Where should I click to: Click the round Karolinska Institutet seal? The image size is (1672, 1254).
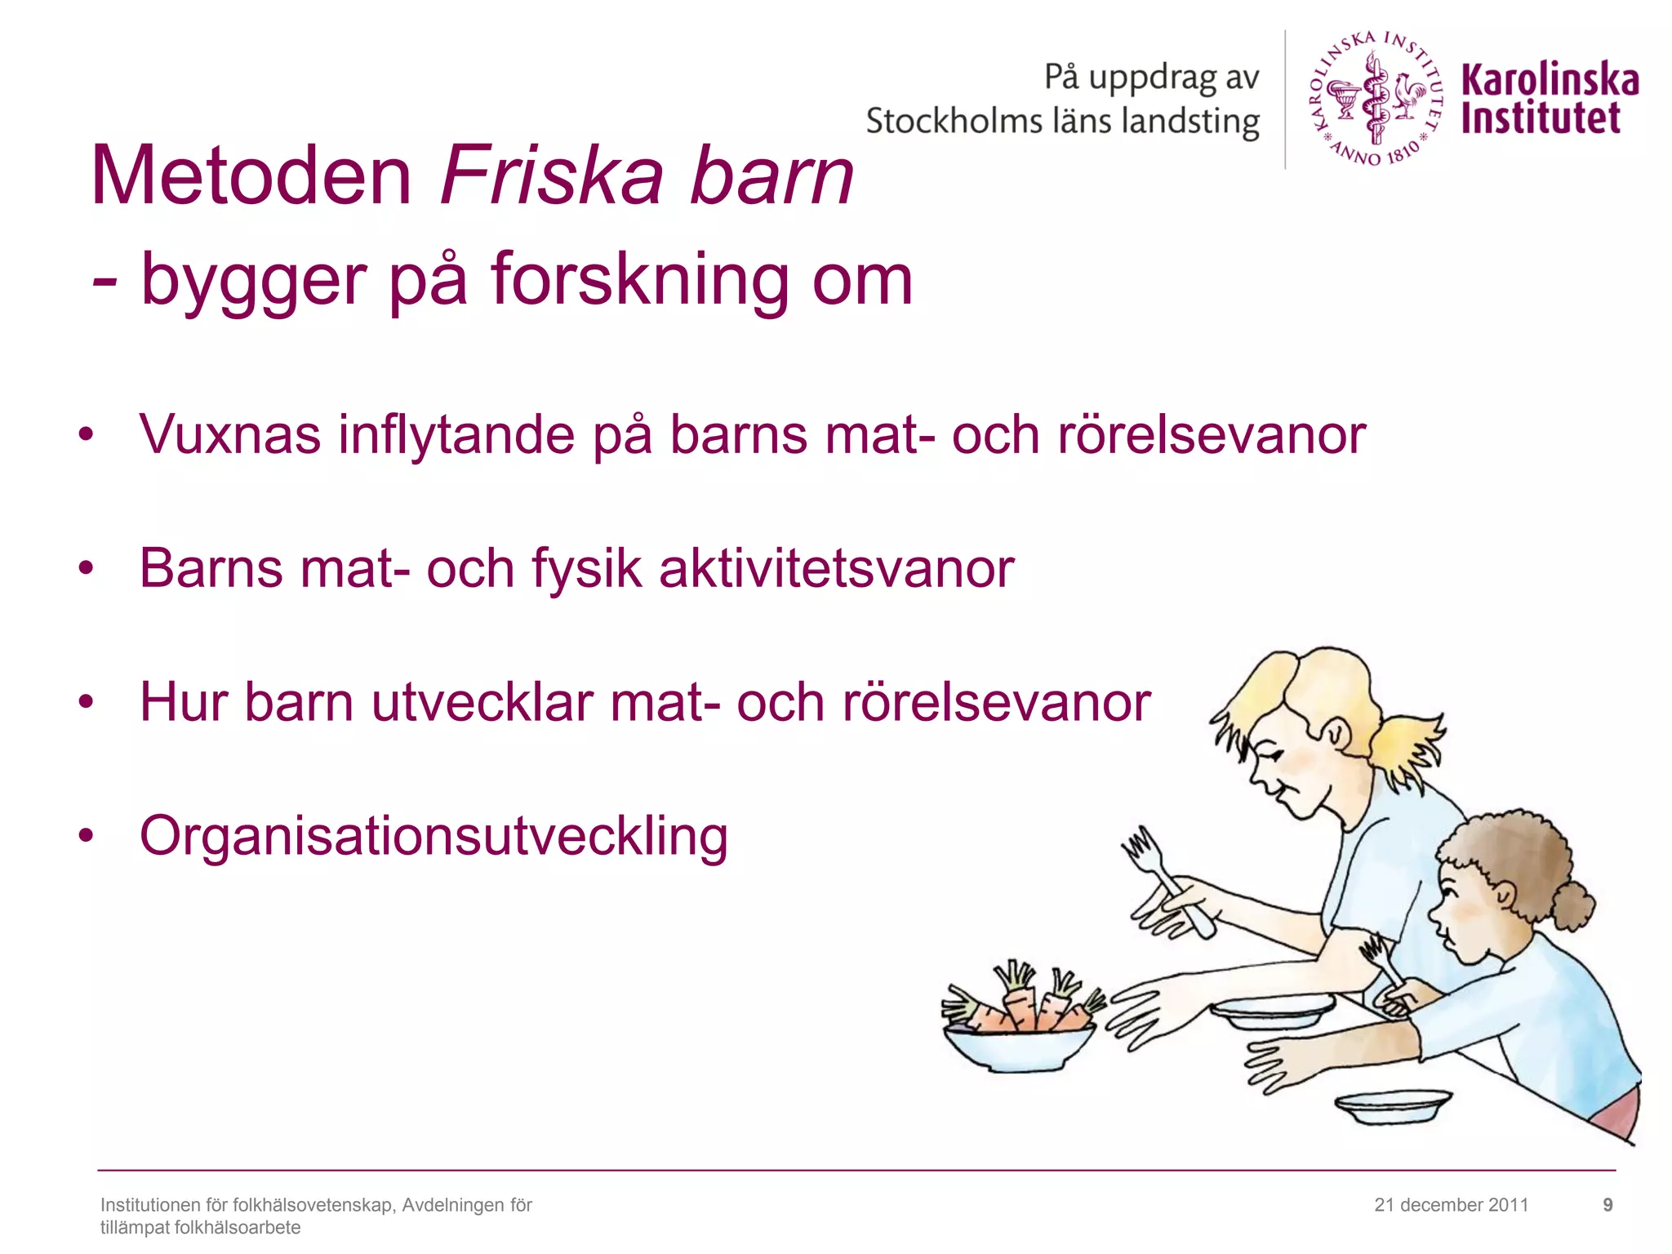click(x=1376, y=98)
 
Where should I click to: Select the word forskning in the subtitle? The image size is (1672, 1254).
click(x=639, y=280)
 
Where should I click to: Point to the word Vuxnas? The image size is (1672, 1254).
click(x=230, y=434)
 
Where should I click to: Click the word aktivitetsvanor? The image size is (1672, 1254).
click(x=836, y=568)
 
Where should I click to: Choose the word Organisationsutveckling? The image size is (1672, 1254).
click(x=434, y=836)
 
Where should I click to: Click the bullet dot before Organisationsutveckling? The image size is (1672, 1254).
click(x=87, y=836)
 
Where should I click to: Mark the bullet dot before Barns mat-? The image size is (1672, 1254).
click(x=87, y=568)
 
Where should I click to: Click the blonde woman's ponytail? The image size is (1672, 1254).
click(x=1408, y=747)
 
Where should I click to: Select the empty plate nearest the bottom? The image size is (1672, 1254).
click(x=1393, y=1107)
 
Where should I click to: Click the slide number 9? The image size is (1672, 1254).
click(x=1608, y=1205)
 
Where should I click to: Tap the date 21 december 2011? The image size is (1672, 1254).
click(x=1451, y=1205)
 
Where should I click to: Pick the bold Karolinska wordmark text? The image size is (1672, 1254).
click(x=1550, y=80)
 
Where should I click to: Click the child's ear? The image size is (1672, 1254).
click(x=1505, y=898)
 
